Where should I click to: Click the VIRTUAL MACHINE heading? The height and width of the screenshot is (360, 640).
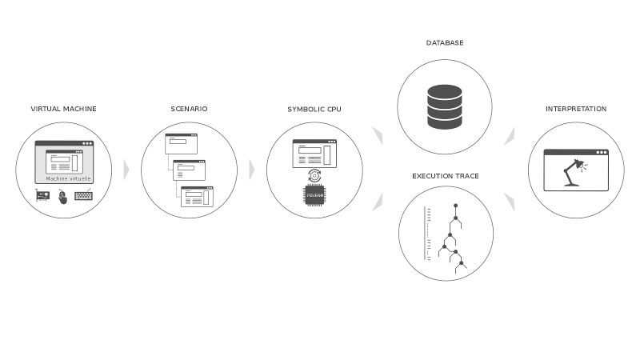click(63, 109)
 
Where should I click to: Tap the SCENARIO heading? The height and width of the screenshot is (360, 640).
click(189, 109)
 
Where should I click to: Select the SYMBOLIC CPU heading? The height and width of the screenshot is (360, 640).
click(314, 109)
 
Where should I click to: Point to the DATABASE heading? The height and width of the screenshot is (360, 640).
click(445, 42)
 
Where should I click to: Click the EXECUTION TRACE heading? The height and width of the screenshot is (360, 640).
click(446, 175)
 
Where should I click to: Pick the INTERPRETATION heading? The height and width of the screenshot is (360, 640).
click(576, 109)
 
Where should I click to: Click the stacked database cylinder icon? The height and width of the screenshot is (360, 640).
click(445, 106)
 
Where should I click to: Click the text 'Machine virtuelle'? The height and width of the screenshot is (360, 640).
click(63, 178)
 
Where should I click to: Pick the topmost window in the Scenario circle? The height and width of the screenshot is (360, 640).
click(181, 144)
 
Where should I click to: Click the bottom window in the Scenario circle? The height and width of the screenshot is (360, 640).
click(197, 196)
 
